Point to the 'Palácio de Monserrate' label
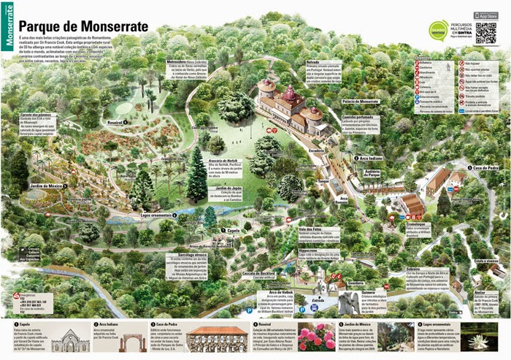click(358, 101)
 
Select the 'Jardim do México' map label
click(42, 187)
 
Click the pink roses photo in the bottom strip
click(315, 339)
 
